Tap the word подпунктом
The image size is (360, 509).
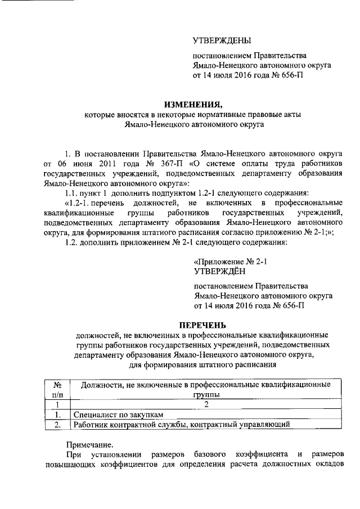tap(154, 193)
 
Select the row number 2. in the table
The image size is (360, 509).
tap(57, 425)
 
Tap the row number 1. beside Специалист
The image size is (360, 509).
tap(57, 415)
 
